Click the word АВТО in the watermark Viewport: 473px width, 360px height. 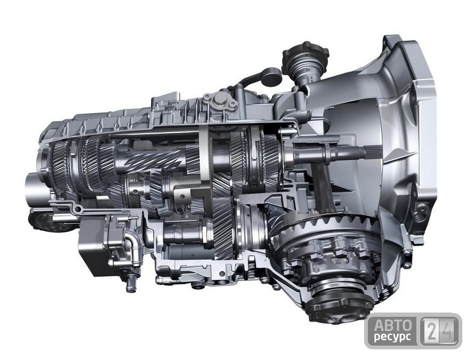point(393,325)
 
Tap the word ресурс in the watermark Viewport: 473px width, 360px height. point(392,337)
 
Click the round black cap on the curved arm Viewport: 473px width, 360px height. point(271,76)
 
